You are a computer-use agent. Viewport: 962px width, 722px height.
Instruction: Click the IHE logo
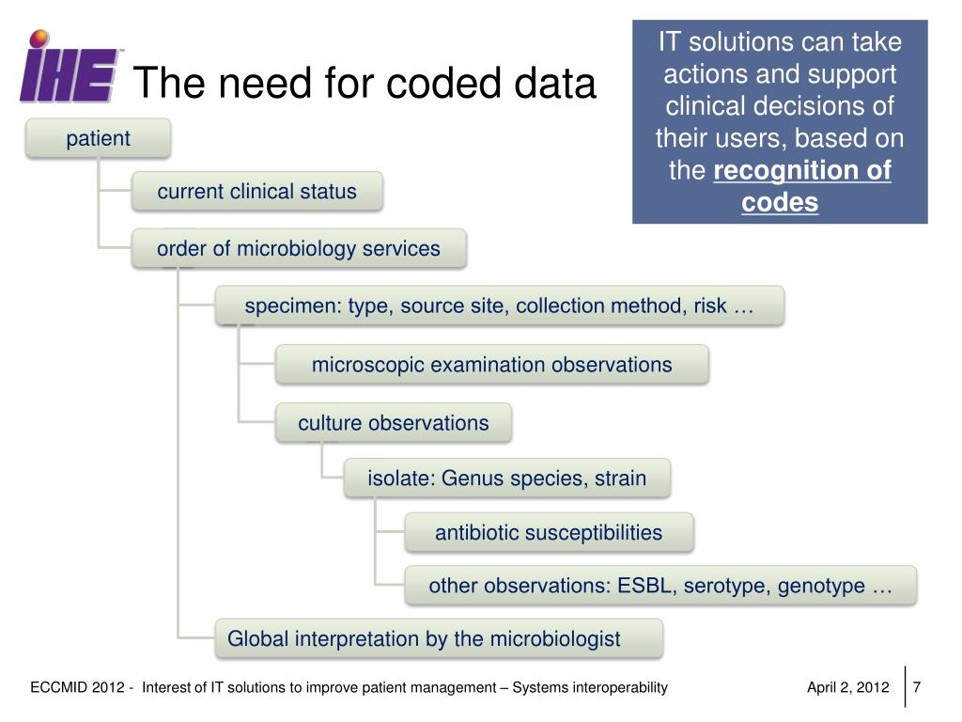click(x=70, y=70)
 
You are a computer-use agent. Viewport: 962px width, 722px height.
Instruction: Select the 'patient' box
click(x=98, y=139)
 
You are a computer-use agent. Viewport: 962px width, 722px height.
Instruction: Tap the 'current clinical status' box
click(x=256, y=192)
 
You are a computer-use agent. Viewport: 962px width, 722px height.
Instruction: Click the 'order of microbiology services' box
click(x=298, y=249)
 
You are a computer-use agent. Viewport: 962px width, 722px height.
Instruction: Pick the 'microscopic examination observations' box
click(x=491, y=365)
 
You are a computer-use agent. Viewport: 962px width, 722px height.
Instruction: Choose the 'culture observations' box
click(x=393, y=423)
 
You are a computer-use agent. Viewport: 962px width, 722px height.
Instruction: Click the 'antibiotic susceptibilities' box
click(x=549, y=533)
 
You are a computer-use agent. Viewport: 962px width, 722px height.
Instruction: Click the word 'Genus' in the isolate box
click(x=473, y=479)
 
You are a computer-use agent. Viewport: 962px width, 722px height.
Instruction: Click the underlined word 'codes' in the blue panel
click(x=780, y=203)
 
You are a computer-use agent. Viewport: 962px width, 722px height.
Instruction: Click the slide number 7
click(x=916, y=687)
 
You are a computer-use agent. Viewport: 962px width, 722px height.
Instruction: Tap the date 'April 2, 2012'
click(x=847, y=687)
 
